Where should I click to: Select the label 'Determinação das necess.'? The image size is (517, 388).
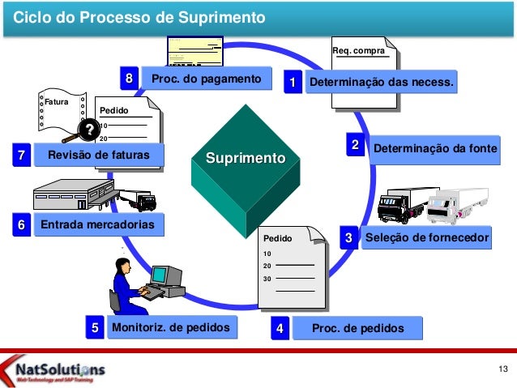381,83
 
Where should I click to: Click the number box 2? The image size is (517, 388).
354,144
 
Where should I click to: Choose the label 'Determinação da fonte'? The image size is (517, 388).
434,149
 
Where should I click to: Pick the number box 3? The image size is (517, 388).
348,238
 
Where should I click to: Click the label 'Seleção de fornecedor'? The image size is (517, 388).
427,238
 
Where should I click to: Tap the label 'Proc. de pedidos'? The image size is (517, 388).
357,328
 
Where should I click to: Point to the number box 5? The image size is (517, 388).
95,328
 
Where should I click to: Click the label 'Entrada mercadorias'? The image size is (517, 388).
97,224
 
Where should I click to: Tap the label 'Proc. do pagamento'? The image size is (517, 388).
206,79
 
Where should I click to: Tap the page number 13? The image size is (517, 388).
502,370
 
